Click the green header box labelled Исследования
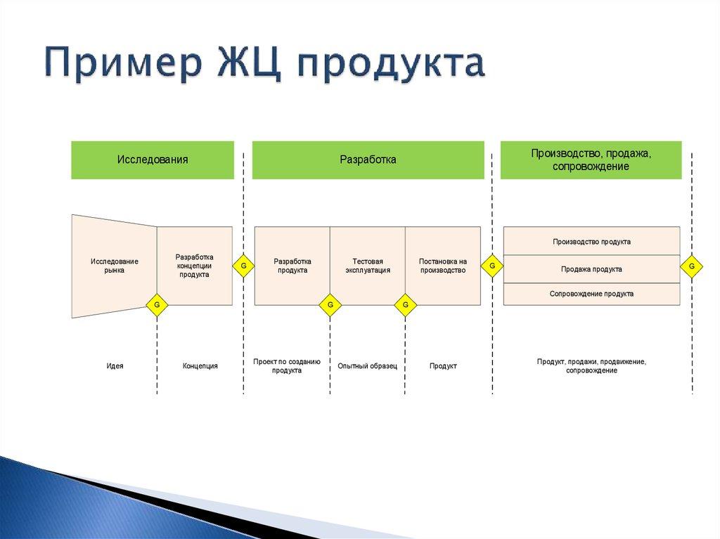point(153,160)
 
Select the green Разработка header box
point(368,160)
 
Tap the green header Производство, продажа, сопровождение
point(591,160)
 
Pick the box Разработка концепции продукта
point(194,266)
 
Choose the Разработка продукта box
point(292,266)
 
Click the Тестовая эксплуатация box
point(367,266)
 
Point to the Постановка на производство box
point(442,266)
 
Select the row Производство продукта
point(591,241)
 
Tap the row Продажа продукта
point(591,268)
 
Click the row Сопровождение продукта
point(591,294)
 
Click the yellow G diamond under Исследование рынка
point(157,305)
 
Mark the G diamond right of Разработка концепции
point(243,266)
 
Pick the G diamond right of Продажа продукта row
point(692,266)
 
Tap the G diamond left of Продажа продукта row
point(492,266)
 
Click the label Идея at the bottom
point(115,366)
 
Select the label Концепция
point(200,366)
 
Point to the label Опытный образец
point(367,366)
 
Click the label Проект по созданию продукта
point(287,365)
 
